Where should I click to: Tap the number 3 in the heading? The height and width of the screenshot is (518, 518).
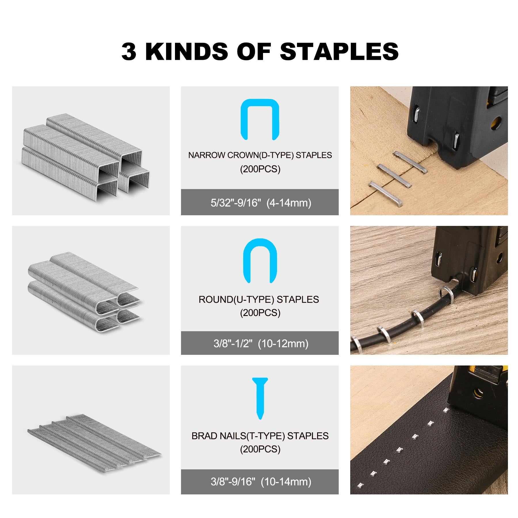pos(129,52)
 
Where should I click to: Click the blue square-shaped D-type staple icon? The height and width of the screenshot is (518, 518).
pos(260,119)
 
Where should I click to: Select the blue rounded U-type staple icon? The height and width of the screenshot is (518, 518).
pos(260,260)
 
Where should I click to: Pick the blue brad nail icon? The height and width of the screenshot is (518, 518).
pos(260,398)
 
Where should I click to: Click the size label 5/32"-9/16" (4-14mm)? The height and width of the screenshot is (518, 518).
pos(261,203)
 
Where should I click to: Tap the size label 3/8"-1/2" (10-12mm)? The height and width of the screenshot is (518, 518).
pos(261,343)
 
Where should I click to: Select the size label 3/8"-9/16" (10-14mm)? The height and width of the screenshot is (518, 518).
pos(261,481)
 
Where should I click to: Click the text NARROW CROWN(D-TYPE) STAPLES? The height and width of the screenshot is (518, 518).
pos(260,155)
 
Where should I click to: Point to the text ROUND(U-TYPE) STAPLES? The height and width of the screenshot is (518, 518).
pos(259,299)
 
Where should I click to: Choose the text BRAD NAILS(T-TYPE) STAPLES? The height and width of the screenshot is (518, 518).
pos(260,436)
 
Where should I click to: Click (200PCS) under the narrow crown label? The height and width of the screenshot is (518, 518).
pos(260,169)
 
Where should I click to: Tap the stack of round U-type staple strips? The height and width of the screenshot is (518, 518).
pos(83,292)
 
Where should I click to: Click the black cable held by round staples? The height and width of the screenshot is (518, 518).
pos(403,319)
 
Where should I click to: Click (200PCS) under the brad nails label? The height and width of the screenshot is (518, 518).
pos(260,449)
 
